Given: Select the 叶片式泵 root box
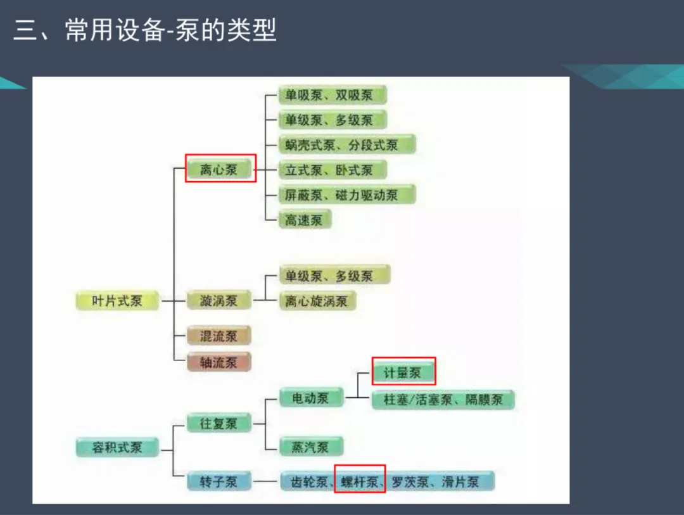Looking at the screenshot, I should (117, 301).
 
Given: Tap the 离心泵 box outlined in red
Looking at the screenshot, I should (219, 169).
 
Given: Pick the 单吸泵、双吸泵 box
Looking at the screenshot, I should (332, 96).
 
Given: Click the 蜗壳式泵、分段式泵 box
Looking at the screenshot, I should (346, 145).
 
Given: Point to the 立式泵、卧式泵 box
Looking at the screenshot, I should (332, 170).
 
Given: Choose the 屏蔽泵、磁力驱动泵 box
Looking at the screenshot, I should (346, 194).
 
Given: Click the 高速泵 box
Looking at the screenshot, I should (305, 220).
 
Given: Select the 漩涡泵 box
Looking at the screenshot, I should (219, 301).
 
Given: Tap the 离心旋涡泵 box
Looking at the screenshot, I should (317, 301).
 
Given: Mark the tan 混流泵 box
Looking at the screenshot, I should (219, 336).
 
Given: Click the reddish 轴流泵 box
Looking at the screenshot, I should (219, 362).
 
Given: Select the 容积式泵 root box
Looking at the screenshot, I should (117, 447).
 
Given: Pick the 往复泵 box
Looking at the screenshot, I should (219, 423).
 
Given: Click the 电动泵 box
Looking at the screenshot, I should (311, 398).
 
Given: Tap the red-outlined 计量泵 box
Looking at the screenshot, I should (403, 372).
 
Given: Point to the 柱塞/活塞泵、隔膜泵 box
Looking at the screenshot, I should (443, 400).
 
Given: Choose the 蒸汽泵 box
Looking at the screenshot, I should (311, 447).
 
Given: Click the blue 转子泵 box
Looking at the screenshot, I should (219, 481).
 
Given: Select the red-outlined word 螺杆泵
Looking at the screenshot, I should (360, 482).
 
